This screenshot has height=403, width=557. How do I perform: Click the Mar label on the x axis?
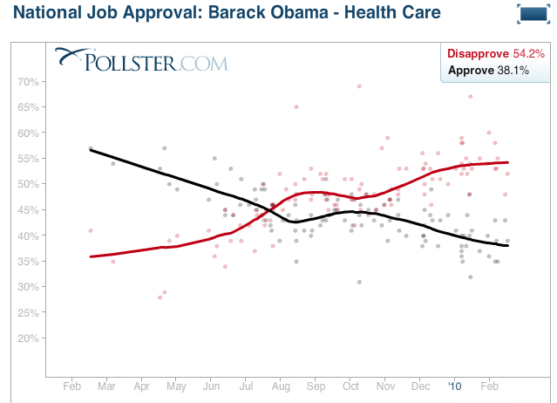107,385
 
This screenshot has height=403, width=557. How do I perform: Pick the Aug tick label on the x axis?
281,385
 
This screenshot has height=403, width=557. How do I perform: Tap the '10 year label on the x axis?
455,385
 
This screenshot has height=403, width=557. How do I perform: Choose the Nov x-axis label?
385,385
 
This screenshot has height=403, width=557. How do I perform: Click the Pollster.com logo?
141,61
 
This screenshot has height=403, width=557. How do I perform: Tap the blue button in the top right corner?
530,14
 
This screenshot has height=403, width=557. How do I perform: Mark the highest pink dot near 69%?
359,86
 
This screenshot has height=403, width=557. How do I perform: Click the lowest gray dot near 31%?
358,282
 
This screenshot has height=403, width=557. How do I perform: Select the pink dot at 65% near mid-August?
296,107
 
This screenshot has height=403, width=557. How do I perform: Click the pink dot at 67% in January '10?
470,97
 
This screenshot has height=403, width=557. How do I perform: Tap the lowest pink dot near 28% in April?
160,297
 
